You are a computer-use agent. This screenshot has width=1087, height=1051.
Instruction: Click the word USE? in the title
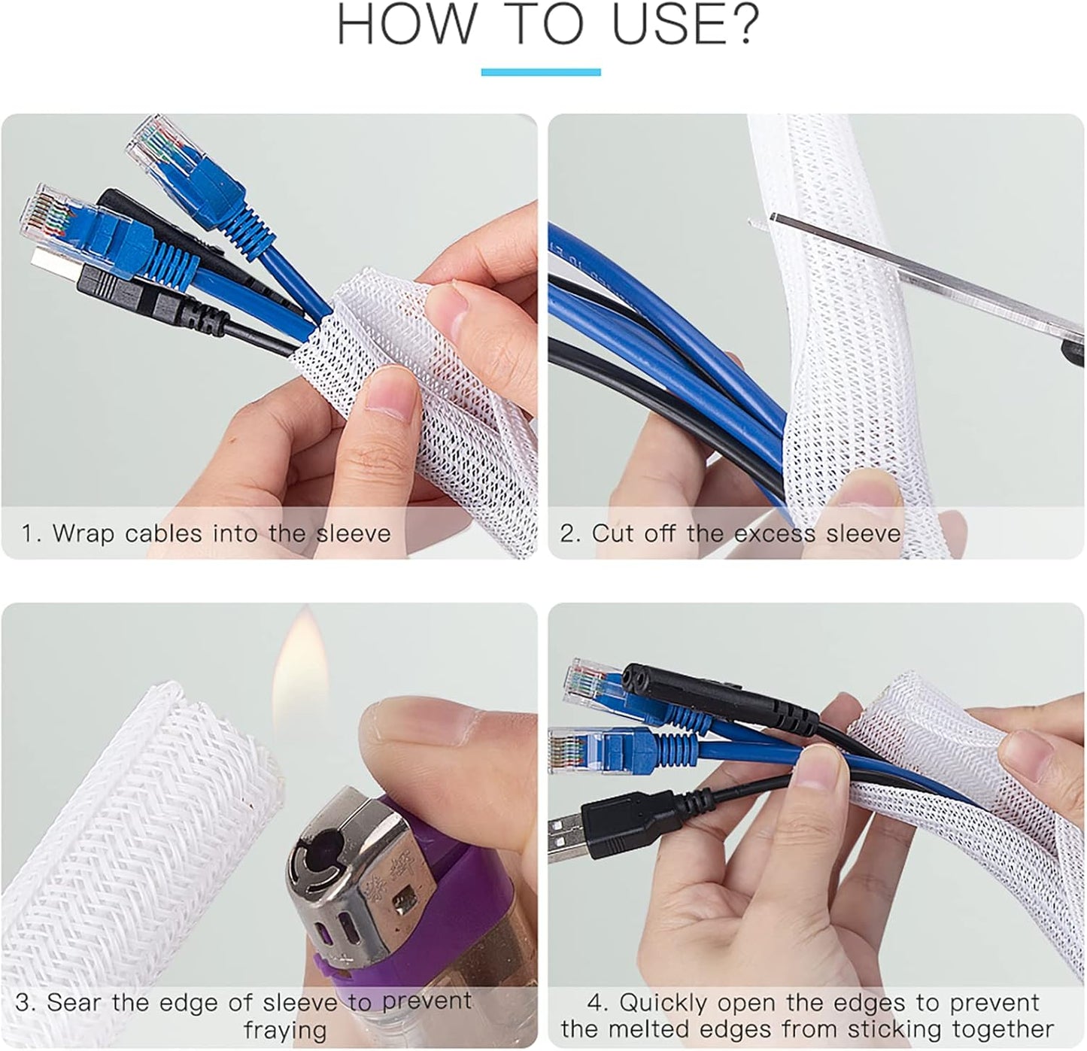(x=686, y=25)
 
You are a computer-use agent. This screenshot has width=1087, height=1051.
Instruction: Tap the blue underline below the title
(x=541, y=72)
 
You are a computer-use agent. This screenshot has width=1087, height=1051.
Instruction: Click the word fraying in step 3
(x=285, y=1031)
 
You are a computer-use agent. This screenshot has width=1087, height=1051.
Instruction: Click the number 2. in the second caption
(x=571, y=533)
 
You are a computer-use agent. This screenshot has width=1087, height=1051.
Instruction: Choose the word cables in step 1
(x=163, y=533)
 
